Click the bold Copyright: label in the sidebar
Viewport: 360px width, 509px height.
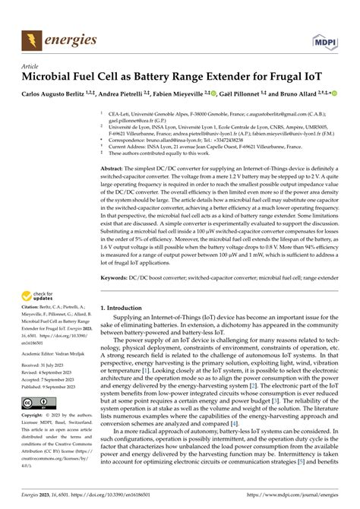pos(37,416)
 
